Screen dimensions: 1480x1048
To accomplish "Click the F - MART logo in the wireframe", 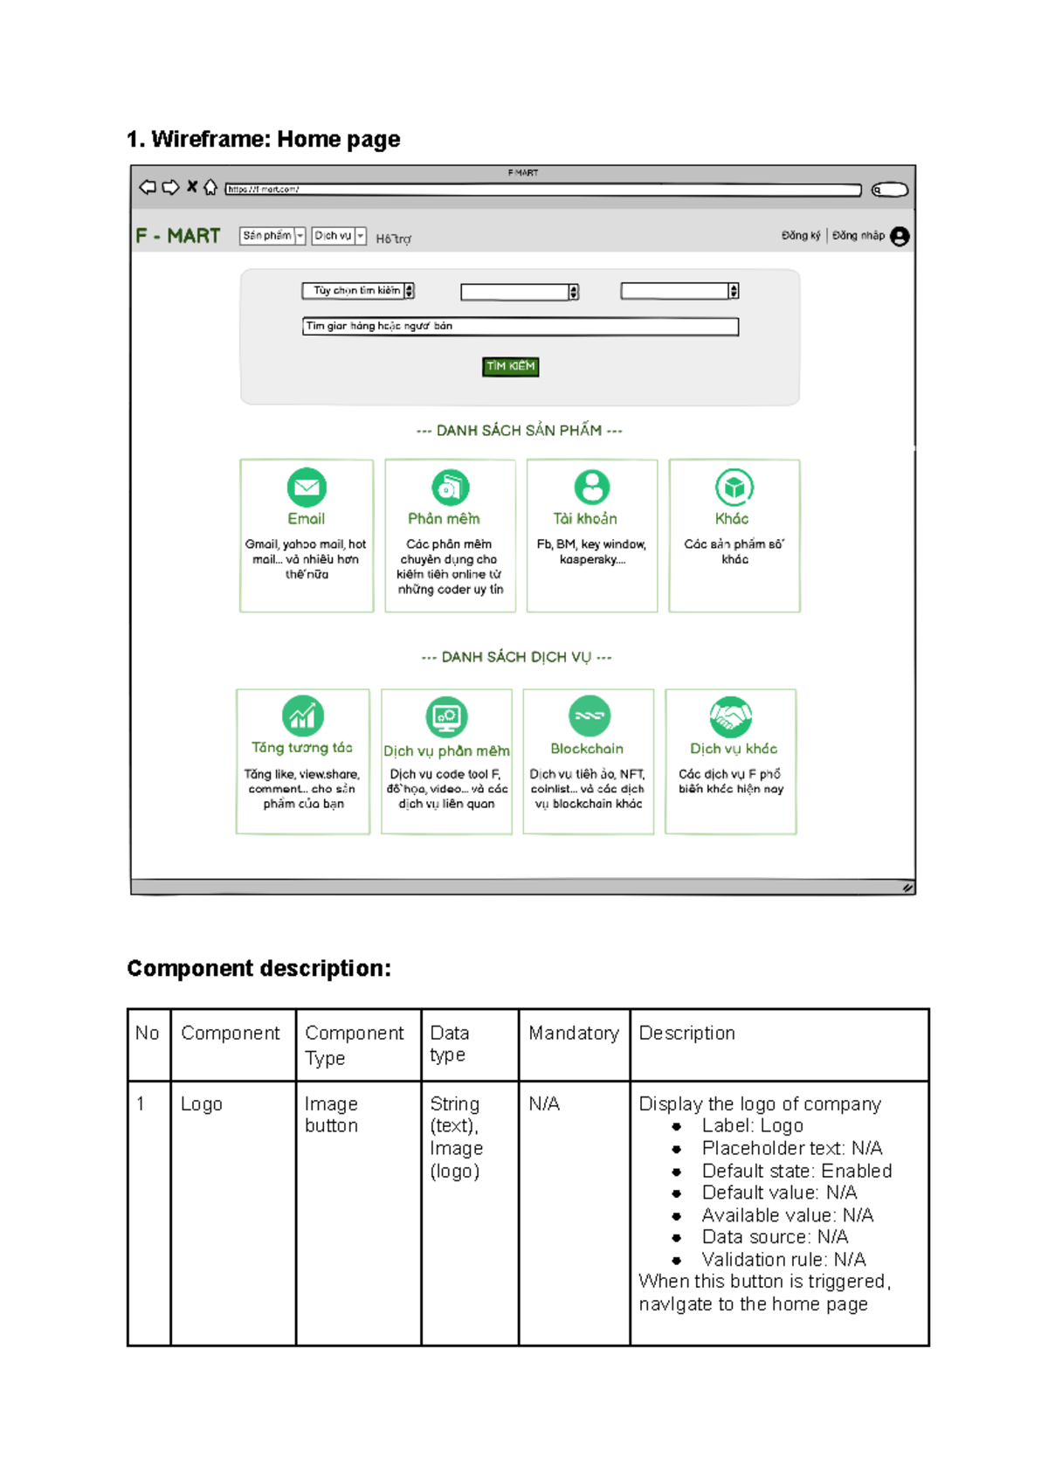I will pyautogui.click(x=178, y=236).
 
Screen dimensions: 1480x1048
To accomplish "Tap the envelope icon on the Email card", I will pyautogui.click(x=307, y=488).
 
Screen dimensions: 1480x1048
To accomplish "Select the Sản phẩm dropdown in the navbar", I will pyautogui.click(x=272, y=236).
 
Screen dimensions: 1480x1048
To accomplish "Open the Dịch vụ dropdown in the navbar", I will pyautogui.click(x=339, y=236).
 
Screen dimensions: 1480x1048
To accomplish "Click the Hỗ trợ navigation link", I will pyautogui.click(x=393, y=239).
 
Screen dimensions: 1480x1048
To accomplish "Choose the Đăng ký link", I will pyautogui.click(x=800, y=236).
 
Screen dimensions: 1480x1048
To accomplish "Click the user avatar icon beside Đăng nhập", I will pyautogui.click(x=900, y=237).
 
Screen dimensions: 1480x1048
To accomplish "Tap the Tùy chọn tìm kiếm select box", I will pyautogui.click(x=358, y=291).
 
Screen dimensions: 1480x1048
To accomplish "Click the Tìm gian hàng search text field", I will pyautogui.click(x=521, y=327).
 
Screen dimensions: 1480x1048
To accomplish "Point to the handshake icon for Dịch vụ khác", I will pyautogui.click(x=731, y=716).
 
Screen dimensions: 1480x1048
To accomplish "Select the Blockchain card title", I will pyautogui.click(x=587, y=749).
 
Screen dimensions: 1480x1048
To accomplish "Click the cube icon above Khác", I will pyautogui.click(x=734, y=488).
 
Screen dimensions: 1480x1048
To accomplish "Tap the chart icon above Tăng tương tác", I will pyautogui.click(x=303, y=716).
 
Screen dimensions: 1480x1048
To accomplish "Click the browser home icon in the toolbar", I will pyautogui.click(x=210, y=187).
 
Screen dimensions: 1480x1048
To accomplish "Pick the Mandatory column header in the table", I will pyautogui.click(x=574, y=1034).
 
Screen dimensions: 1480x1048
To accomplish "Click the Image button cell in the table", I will pyautogui.click(x=331, y=1115).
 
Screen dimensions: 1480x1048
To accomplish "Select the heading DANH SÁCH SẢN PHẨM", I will pyautogui.click(x=520, y=431).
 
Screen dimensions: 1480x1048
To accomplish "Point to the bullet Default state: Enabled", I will pyautogui.click(x=796, y=1171).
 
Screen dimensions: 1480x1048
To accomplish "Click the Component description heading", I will pyautogui.click(x=259, y=968).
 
